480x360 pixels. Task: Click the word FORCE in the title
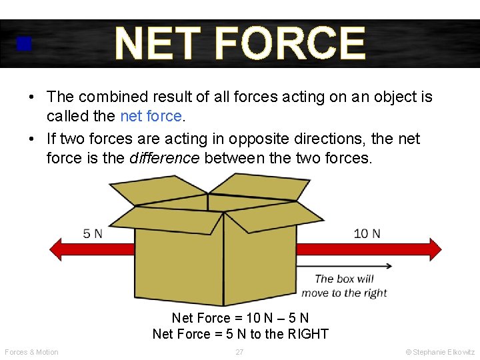tap(291, 43)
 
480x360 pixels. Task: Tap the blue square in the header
tap(25, 44)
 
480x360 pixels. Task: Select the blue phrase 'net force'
tap(151, 116)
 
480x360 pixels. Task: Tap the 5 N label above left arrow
tap(93, 233)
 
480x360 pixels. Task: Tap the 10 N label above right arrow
tap(367, 233)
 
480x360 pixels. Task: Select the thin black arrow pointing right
tap(347, 265)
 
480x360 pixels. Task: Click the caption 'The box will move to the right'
tap(344, 286)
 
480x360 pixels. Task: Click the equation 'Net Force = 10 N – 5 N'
tap(240, 318)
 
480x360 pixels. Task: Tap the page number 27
tap(239, 352)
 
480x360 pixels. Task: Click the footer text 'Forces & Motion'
tap(31, 352)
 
